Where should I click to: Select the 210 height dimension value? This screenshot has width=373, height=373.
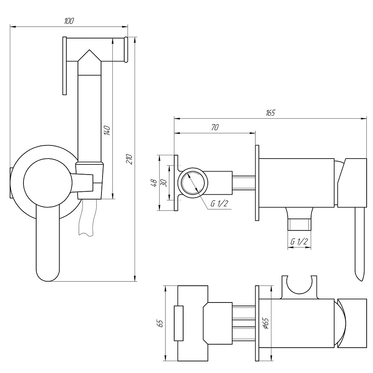tap(129, 159)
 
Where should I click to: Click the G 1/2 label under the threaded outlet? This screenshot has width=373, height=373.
tap(299, 242)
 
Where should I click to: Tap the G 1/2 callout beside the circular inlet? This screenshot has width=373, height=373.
tap(219, 204)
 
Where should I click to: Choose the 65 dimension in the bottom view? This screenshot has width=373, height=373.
tap(161, 323)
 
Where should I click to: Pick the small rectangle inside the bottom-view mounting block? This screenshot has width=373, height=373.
tap(179, 323)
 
